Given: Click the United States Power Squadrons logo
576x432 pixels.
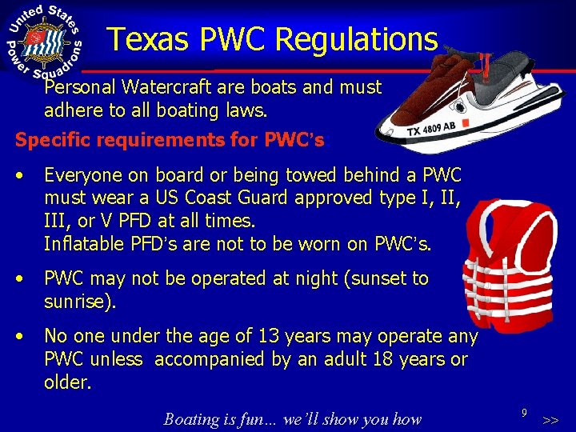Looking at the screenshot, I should (44, 42).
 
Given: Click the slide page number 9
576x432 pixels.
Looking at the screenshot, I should (523, 413).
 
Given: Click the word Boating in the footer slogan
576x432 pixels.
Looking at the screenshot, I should (192, 418).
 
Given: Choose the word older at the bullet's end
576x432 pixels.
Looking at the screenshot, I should (66, 382).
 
